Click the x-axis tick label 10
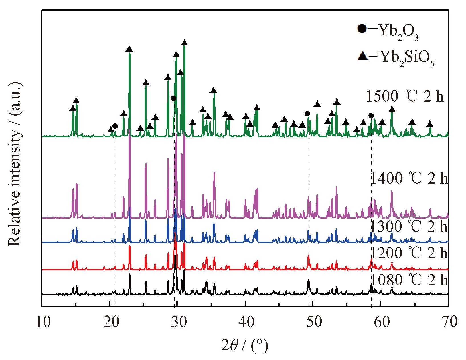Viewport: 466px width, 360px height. [x=43, y=322]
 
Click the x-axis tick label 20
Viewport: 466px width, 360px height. [x=111, y=322]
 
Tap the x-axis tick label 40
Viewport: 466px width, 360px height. [x=247, y=322]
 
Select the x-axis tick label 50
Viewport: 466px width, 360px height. [x=314, y=322]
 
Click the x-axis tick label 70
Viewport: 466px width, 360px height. [x=448, y=322]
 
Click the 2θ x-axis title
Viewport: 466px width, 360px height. [x=245, y=346]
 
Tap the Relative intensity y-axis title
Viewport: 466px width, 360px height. [x=15, y=164]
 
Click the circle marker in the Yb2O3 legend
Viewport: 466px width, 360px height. [x=362, y=29]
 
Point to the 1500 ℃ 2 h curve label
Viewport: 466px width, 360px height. [x=405, y=96]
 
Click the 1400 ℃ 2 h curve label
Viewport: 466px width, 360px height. [x=409, y=178]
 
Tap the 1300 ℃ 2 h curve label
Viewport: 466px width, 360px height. [x=409, y=226]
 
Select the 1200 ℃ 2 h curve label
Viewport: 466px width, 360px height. [x=409, y=252]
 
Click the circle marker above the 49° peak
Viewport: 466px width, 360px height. [x=307, y=114]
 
